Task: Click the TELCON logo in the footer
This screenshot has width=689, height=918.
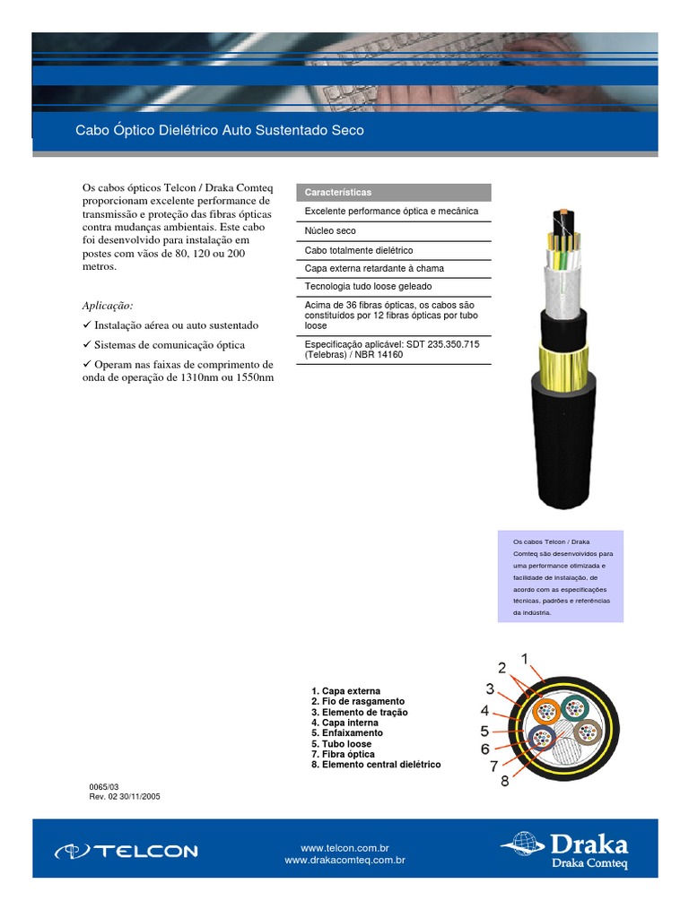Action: pos(126,851)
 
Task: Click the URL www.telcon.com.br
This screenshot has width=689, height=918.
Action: pos(344,847)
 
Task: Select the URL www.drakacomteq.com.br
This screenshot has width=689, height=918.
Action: pos(344,860)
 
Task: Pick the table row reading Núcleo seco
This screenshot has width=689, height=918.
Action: pos(330,231)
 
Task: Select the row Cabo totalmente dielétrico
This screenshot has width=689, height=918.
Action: pos(359,250)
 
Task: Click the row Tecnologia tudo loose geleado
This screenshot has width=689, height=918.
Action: pos(368,287)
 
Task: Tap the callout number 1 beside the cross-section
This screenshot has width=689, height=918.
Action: pos(526,660)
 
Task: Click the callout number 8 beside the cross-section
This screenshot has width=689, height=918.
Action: pos(504,781)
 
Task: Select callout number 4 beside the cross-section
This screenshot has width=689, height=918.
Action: pos(484,710)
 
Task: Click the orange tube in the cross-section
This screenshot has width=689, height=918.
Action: pos(546,712)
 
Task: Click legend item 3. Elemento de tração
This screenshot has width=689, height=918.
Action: pos(359,713)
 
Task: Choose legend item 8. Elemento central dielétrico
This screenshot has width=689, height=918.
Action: pos(376,765)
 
